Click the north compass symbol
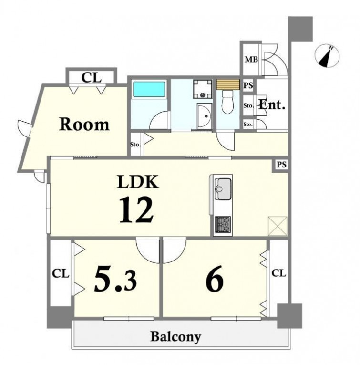(x=327, y=56)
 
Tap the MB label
(x=251, y=60)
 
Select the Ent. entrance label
(x=272, y=105)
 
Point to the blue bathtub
(x=149, y=89)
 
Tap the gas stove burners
(x=223, y=224)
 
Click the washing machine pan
(x=202, y=89)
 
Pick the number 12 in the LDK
(x=136, y=209)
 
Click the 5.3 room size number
(x=115, y=279)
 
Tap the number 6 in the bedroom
(x=215, y=279)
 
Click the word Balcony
(x=175, y=337)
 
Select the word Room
(x=84, y=124)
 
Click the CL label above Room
(x=92, y=77)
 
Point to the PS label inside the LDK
(x=281, y=165)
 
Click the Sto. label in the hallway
(x=135, y=145)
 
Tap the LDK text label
(x=138, y=182)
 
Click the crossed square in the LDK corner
(x=278, y=226)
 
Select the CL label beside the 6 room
(x=278, y=273)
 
